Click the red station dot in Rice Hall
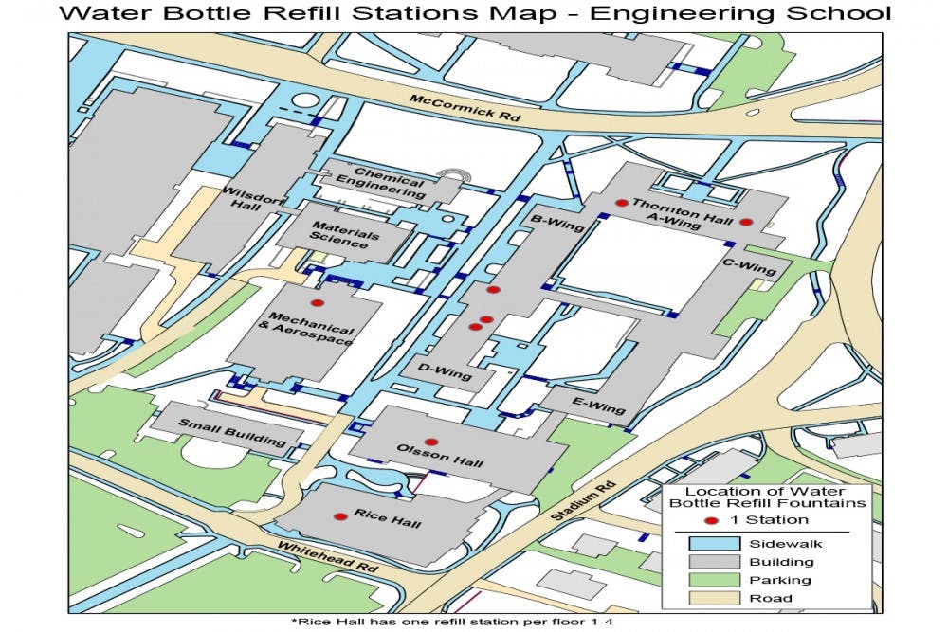coord(340,516)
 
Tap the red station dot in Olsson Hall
coord(430,442)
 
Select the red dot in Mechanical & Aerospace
coord(318,302)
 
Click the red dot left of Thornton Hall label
coord(621,203)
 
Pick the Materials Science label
coord(340,238)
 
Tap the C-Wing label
coord(749,267)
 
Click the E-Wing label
coord(599,406)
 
